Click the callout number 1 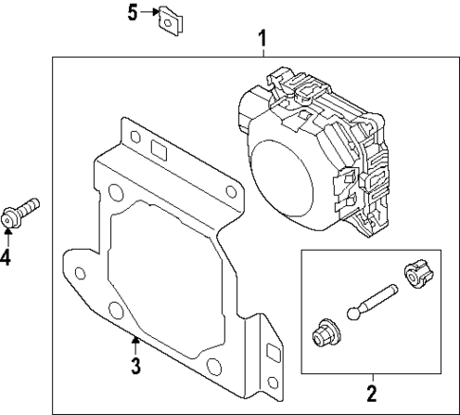(263, 39)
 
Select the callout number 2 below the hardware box (371, 392)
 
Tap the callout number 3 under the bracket (136, 366)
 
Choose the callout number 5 (134, 13)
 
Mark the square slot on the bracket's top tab (157, 149)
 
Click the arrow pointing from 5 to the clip (150, 13)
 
